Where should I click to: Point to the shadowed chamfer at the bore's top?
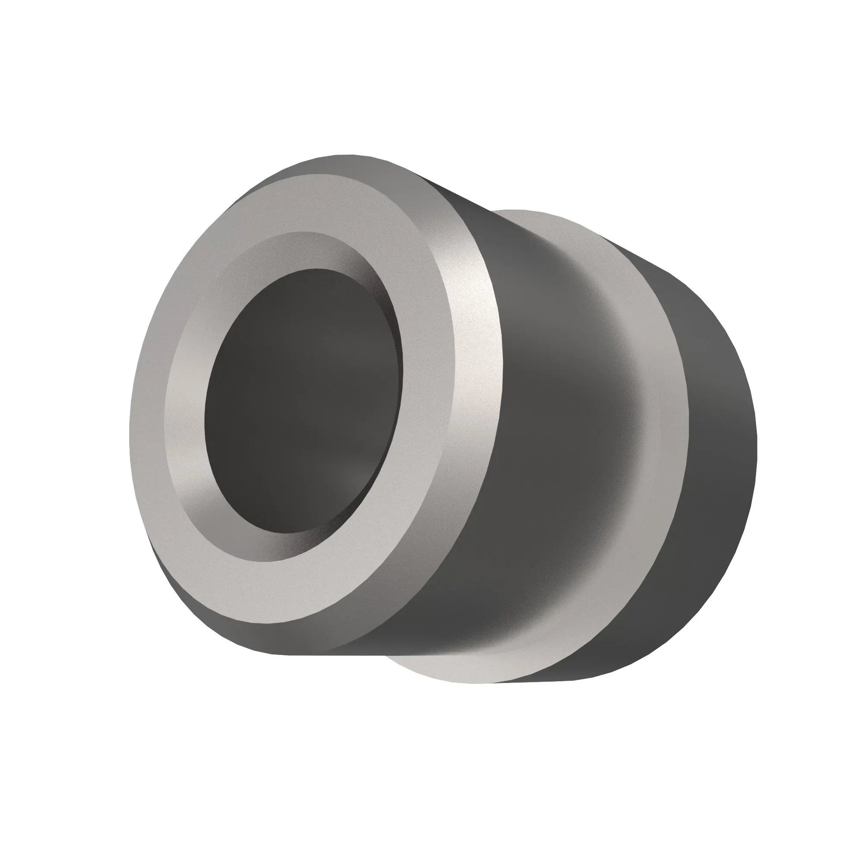[313, 251]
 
